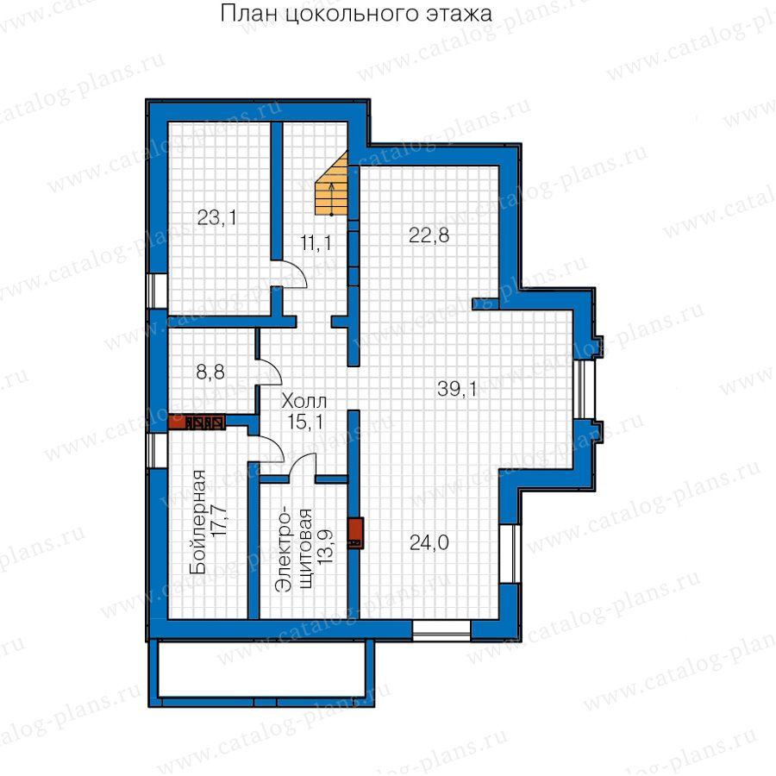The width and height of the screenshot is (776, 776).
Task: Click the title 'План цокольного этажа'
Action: [356, 14]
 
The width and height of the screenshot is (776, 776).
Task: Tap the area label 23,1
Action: [216, 217]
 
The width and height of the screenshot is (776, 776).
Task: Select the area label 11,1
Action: [316, 242]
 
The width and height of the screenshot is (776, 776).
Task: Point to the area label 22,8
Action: [429, 235]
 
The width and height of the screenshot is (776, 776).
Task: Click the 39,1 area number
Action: [457, 389]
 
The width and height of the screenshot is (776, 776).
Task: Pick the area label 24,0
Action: [429, 543]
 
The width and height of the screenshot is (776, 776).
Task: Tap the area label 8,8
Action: [210, 372]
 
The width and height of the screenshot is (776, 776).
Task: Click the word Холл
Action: [304, 401]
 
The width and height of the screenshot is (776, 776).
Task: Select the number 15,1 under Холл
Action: [306, 422]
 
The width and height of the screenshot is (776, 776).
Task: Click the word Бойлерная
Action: [198, 523]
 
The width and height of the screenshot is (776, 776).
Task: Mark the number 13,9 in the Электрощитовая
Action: [325, 548]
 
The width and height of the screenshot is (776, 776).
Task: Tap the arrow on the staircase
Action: [332, 199]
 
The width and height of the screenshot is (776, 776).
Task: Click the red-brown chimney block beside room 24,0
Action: [356, 533]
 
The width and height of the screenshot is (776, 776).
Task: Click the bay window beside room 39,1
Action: [584, 390]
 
